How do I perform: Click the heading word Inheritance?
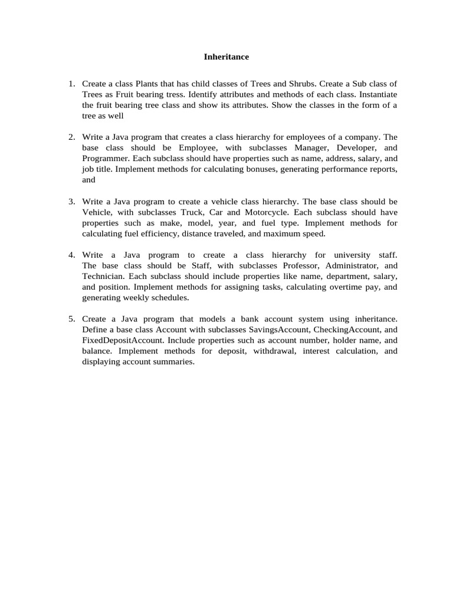tap(226, 57)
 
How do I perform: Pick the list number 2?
tap(71, 137)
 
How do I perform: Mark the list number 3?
tap(71, 201)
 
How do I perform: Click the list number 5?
tap(71, 319)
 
